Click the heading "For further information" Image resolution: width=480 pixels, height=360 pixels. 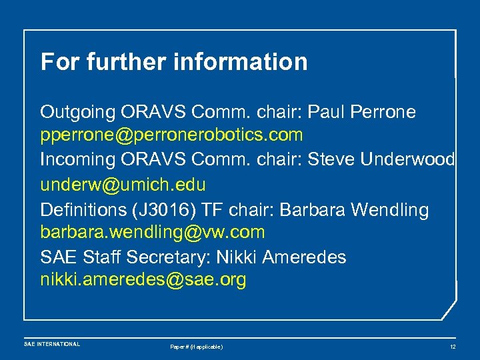point(174,62)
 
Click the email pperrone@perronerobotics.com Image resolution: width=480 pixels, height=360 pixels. point(171,135)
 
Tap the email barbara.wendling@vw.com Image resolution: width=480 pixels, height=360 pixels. point(153,232)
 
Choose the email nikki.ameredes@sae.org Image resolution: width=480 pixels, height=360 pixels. point(143,280)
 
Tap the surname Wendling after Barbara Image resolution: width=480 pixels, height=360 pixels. point(390,209)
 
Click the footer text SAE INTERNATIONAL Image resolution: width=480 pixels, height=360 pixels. point(52,344)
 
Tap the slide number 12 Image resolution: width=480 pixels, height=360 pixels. point(453,347)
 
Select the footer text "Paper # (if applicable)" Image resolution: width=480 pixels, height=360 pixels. point(197,347)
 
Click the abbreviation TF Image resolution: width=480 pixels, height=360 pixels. point(213,209)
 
